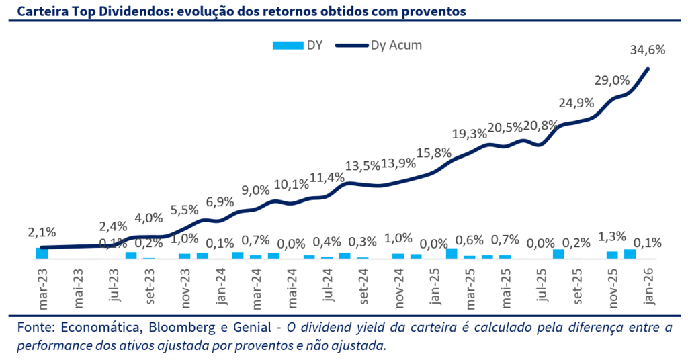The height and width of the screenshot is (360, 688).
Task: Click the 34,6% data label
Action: pyautogui.click(x=648, y=50)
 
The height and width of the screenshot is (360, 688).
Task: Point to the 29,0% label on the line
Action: pyautogui.click(x=612, y=80)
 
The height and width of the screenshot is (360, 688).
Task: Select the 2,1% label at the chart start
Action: pyautogui.click(x=41, y=232)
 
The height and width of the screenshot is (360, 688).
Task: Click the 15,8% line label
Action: pyautogui.click(x=434, y=152)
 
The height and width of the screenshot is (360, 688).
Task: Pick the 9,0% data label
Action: pyautogui.click(x=255, y=190)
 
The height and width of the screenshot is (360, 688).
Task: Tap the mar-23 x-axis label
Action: pyautogui.click(x=43, y=287)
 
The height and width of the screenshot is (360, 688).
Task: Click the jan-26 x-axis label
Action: pyautogui.click(x=648, y=287)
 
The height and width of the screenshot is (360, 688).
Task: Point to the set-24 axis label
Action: pyautogui.click(x=363, y=287)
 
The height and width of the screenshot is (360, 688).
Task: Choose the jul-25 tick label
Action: pyautogui.click(x=542, y=287)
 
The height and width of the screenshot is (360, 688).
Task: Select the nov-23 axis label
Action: pyautogui.click(x=185, y=287)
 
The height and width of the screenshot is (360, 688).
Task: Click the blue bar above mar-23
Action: pyautogui.click(x=42, y=253)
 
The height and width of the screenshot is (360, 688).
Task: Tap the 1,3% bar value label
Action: pyautogui.click(x=612, y=236)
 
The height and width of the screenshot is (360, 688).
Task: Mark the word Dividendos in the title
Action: pyautogui.click(x=123, y=11)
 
